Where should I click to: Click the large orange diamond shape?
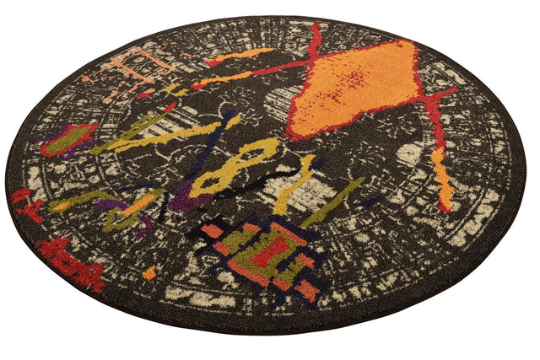click(x=354, y=89)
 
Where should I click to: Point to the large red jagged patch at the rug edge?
click(x=71, y=261)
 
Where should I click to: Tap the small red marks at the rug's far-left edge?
click(x=25, y=202)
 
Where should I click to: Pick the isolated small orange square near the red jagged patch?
click(x=149, y=271)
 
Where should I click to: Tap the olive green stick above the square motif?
click(x=333, y=202)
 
